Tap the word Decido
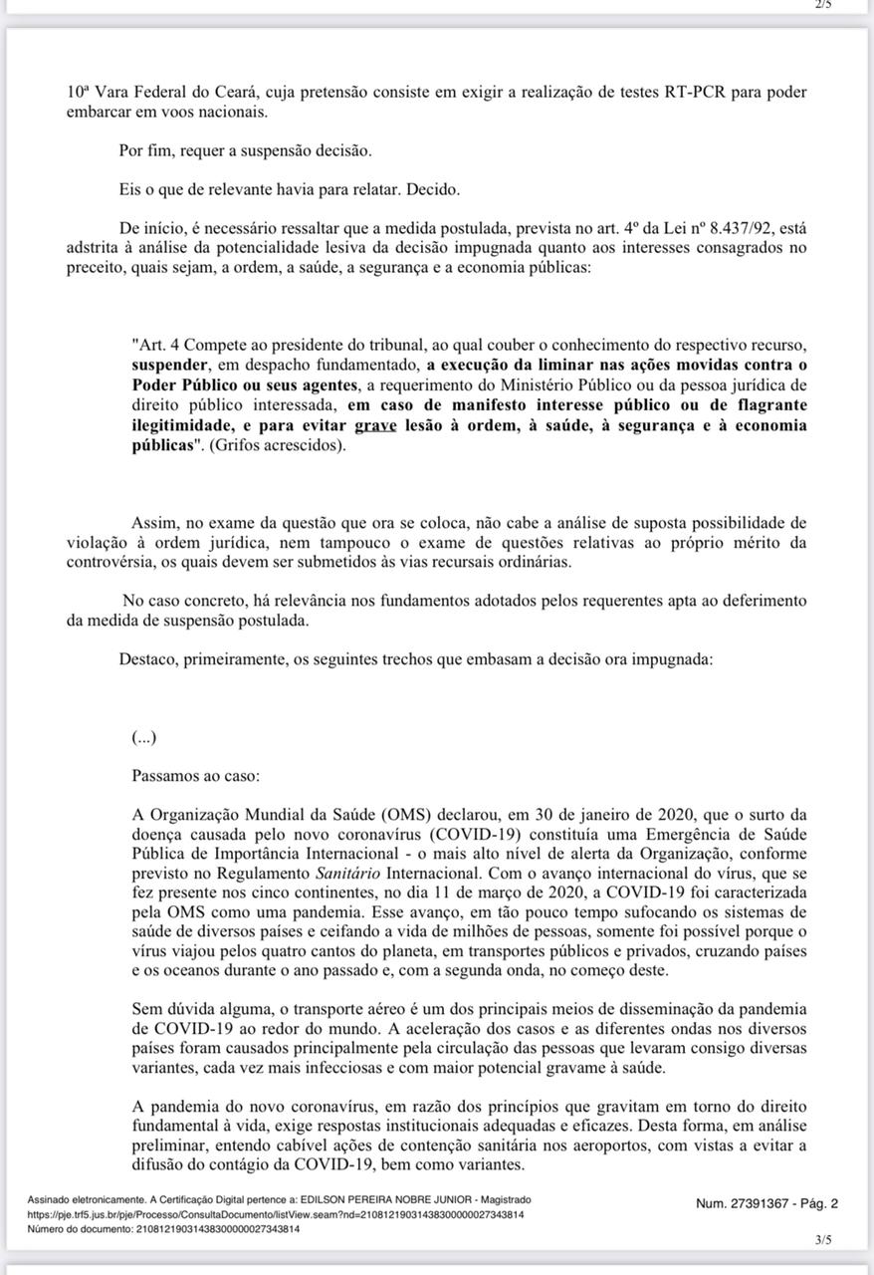click(433, 189)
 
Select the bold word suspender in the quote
click(170, 366)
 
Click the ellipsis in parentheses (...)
click(143, 737)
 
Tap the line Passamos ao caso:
click(194, 774)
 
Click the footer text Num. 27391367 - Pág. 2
click(767, 1203)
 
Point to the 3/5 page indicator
click(822, 1240)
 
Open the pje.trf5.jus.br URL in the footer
click(276, 1214)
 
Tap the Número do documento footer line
click(163, 1229)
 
